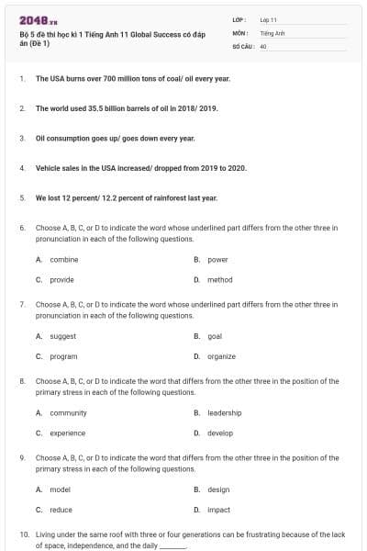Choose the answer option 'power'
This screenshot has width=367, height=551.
[217, 260]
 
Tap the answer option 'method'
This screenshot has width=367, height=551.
[219, 279]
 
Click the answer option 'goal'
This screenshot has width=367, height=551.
[215, 336]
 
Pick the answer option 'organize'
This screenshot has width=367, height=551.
[221, 356]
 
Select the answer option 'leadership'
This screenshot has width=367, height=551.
[224, 413]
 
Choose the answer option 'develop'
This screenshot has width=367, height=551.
[220, 433]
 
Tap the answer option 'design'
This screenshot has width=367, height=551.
[218, 489]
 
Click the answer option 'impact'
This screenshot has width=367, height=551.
[218, 509]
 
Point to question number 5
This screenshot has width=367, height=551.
[22, 197]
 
